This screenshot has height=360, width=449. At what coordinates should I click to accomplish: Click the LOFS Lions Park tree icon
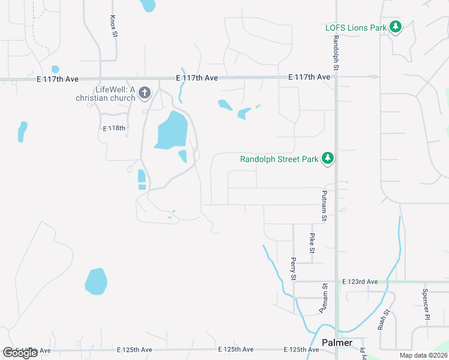click(395, 27)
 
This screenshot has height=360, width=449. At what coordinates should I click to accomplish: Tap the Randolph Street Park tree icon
click(327, 158)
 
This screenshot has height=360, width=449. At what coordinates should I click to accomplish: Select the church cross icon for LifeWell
click(144, 93)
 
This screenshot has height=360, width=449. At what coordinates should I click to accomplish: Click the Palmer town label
click(337, 343)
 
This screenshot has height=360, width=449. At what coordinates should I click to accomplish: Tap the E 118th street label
click(114, 128)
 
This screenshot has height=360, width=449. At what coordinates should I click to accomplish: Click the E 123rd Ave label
click(360, 281)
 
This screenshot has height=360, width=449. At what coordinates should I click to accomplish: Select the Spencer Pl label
click(426, 304)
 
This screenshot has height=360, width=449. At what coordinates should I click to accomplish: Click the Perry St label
click(294, 269)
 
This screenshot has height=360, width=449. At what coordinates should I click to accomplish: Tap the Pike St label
click(312, 243)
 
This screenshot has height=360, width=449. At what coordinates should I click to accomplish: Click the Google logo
click(20, 353)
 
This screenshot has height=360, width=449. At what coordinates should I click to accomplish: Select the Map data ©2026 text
click(424, 355)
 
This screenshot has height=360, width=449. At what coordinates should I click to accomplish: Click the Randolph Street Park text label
click(280, 159)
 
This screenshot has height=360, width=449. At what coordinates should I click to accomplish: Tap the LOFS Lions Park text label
click(356, 28)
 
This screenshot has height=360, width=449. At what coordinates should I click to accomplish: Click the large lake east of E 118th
click(172, 130)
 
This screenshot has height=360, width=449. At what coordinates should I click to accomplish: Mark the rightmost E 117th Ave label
click(309, 77)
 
